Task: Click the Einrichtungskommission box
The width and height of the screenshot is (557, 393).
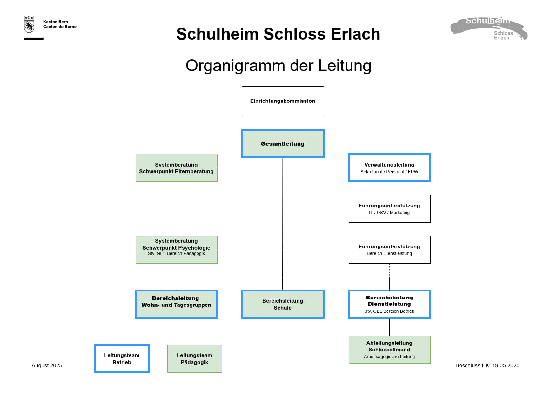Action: (x=283, y=101)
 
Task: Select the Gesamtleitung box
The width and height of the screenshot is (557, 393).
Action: (x=283, y=144)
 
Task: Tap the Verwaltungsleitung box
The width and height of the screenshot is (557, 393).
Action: (x=389, y=168)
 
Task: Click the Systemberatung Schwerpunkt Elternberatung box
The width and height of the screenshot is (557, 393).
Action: (x=177, y=168)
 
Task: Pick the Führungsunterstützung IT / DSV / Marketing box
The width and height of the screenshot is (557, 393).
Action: (x=389, y=209)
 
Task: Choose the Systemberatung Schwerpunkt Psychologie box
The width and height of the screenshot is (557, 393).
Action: (x=177, y=250)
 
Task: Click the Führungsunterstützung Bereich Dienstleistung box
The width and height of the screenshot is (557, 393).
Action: (x=389, y=250)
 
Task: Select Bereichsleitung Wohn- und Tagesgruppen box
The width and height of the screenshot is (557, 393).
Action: (x=177, y=304)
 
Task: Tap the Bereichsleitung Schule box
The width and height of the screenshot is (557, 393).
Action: (x=283, y=304)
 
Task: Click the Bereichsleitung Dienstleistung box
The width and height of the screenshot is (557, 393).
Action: (x=389, y=304)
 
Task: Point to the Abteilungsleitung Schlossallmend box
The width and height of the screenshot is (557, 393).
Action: (x=389, y=350)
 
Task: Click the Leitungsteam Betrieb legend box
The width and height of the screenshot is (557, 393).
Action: (x=122, y=358)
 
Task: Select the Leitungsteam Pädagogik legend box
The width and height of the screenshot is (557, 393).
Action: (x=195, y=359)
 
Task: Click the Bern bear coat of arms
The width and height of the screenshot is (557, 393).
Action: (x=29, y=24)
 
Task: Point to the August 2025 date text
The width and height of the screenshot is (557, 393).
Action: (x=47, y=365)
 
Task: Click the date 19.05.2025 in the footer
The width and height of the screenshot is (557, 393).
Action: (x=506, y=365)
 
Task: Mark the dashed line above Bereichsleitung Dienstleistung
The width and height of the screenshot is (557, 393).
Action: (x=390, y=277)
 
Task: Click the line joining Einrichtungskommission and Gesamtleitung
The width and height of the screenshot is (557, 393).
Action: (x=283, y=123)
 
